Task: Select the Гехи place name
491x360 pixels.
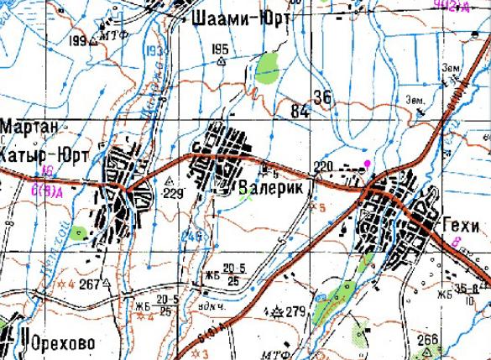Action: pyautogui.click(x=460, y=226)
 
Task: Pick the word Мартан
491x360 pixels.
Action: pyautogui.click(x=30, y=127)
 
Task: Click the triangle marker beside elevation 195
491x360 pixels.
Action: pyautogui.click(x=222, y=60)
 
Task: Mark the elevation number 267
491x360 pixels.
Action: pyautogui.click(x=90, y=284)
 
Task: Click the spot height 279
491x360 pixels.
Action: pyautogui.click(x=295, y=312)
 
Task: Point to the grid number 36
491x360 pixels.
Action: pyautogui.click(x=322, y=97)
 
